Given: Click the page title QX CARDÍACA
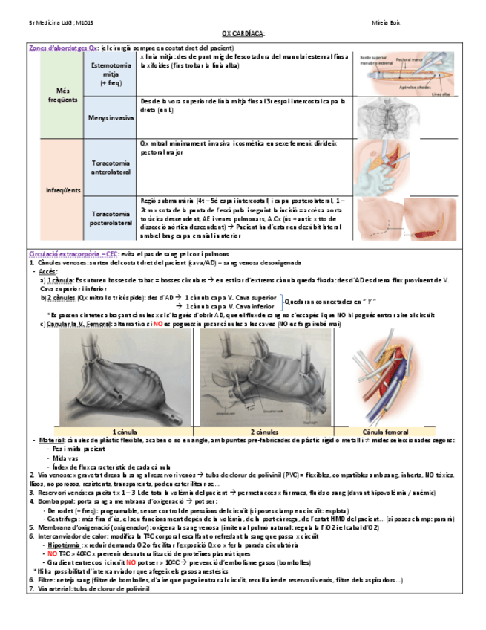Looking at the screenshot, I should point(243,33).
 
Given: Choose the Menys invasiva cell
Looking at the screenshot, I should point(110,117).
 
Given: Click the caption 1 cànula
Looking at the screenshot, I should point(123,431).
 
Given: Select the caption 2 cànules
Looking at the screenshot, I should point(263,431).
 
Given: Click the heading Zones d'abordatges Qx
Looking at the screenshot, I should point(63,48).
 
